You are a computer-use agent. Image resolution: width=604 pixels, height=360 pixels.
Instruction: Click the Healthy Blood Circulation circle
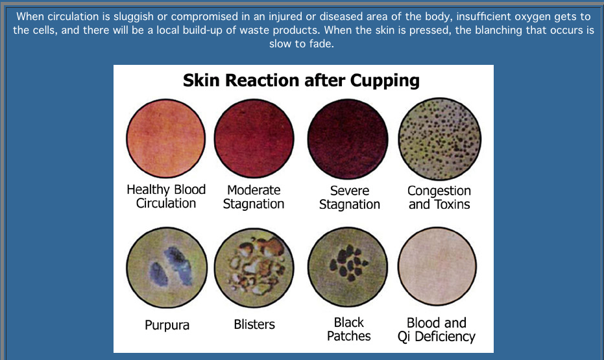point(165,139)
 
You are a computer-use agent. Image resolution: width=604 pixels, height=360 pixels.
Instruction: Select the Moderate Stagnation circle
point(254,139)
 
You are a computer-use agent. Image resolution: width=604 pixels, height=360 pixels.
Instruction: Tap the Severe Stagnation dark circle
point(348,139)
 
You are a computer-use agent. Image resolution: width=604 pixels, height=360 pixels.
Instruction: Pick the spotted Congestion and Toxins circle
point(439,139)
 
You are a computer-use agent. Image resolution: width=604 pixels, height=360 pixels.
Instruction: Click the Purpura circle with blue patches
point(166,267)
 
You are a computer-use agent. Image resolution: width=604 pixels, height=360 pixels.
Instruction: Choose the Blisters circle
point(254,268)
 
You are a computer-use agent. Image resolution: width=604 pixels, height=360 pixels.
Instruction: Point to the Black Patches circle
point(348,267)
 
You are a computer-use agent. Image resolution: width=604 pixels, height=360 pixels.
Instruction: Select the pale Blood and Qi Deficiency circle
point(437,267)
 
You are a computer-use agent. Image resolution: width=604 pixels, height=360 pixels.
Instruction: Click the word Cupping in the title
point(385,81)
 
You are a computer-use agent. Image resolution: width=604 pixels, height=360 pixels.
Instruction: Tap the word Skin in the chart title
point(202,80)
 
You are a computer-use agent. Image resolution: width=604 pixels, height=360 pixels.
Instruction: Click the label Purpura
point(167,326)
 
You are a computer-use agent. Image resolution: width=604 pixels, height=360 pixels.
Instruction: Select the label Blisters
point(254,324)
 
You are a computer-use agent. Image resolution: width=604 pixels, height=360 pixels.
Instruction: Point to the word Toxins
point(450,204)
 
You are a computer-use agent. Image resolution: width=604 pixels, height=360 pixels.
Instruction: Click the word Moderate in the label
point(254,190)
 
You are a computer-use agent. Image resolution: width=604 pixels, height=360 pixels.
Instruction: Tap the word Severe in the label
point(350,190)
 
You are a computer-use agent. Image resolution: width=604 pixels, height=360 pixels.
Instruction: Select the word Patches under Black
point(348,336)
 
